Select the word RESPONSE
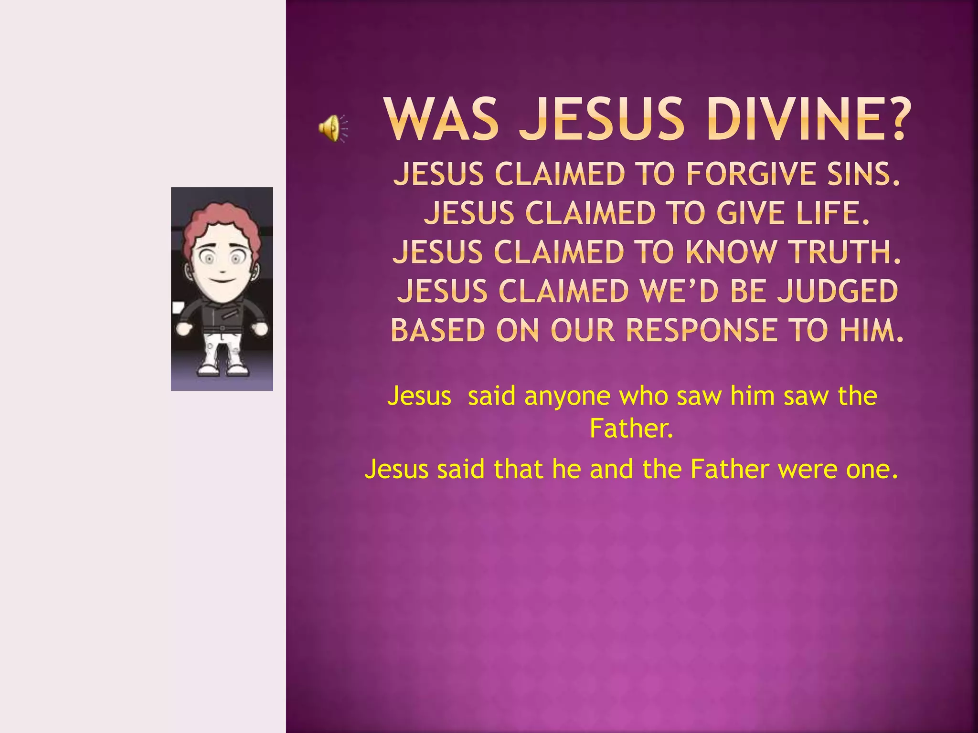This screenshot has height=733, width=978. pyautogui.click(x=702, y=330)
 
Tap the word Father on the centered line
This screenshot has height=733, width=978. pyautogui.click(x=631, y=429)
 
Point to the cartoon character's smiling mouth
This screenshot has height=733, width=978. pyautogui.click(x=222, y=280)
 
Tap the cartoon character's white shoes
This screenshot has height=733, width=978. pyautogui.click(x=223, y=369)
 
